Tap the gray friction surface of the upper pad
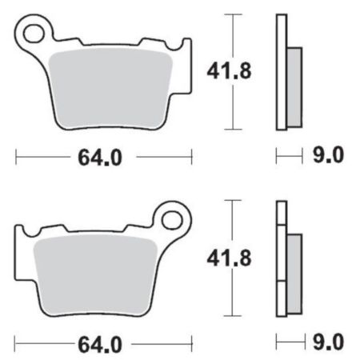pyautogui.click(x=112, y=88)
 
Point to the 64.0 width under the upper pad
pyautogui.click(x=100, y=158)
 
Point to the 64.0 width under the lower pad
pyautogui.click(x=100, y=345)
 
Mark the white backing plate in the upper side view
pyautogui.click(x=280, y=72)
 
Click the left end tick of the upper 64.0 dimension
pyautogui.click(x=15, y=157)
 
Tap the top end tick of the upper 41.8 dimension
pyautogui.click(x=231, y=14)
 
